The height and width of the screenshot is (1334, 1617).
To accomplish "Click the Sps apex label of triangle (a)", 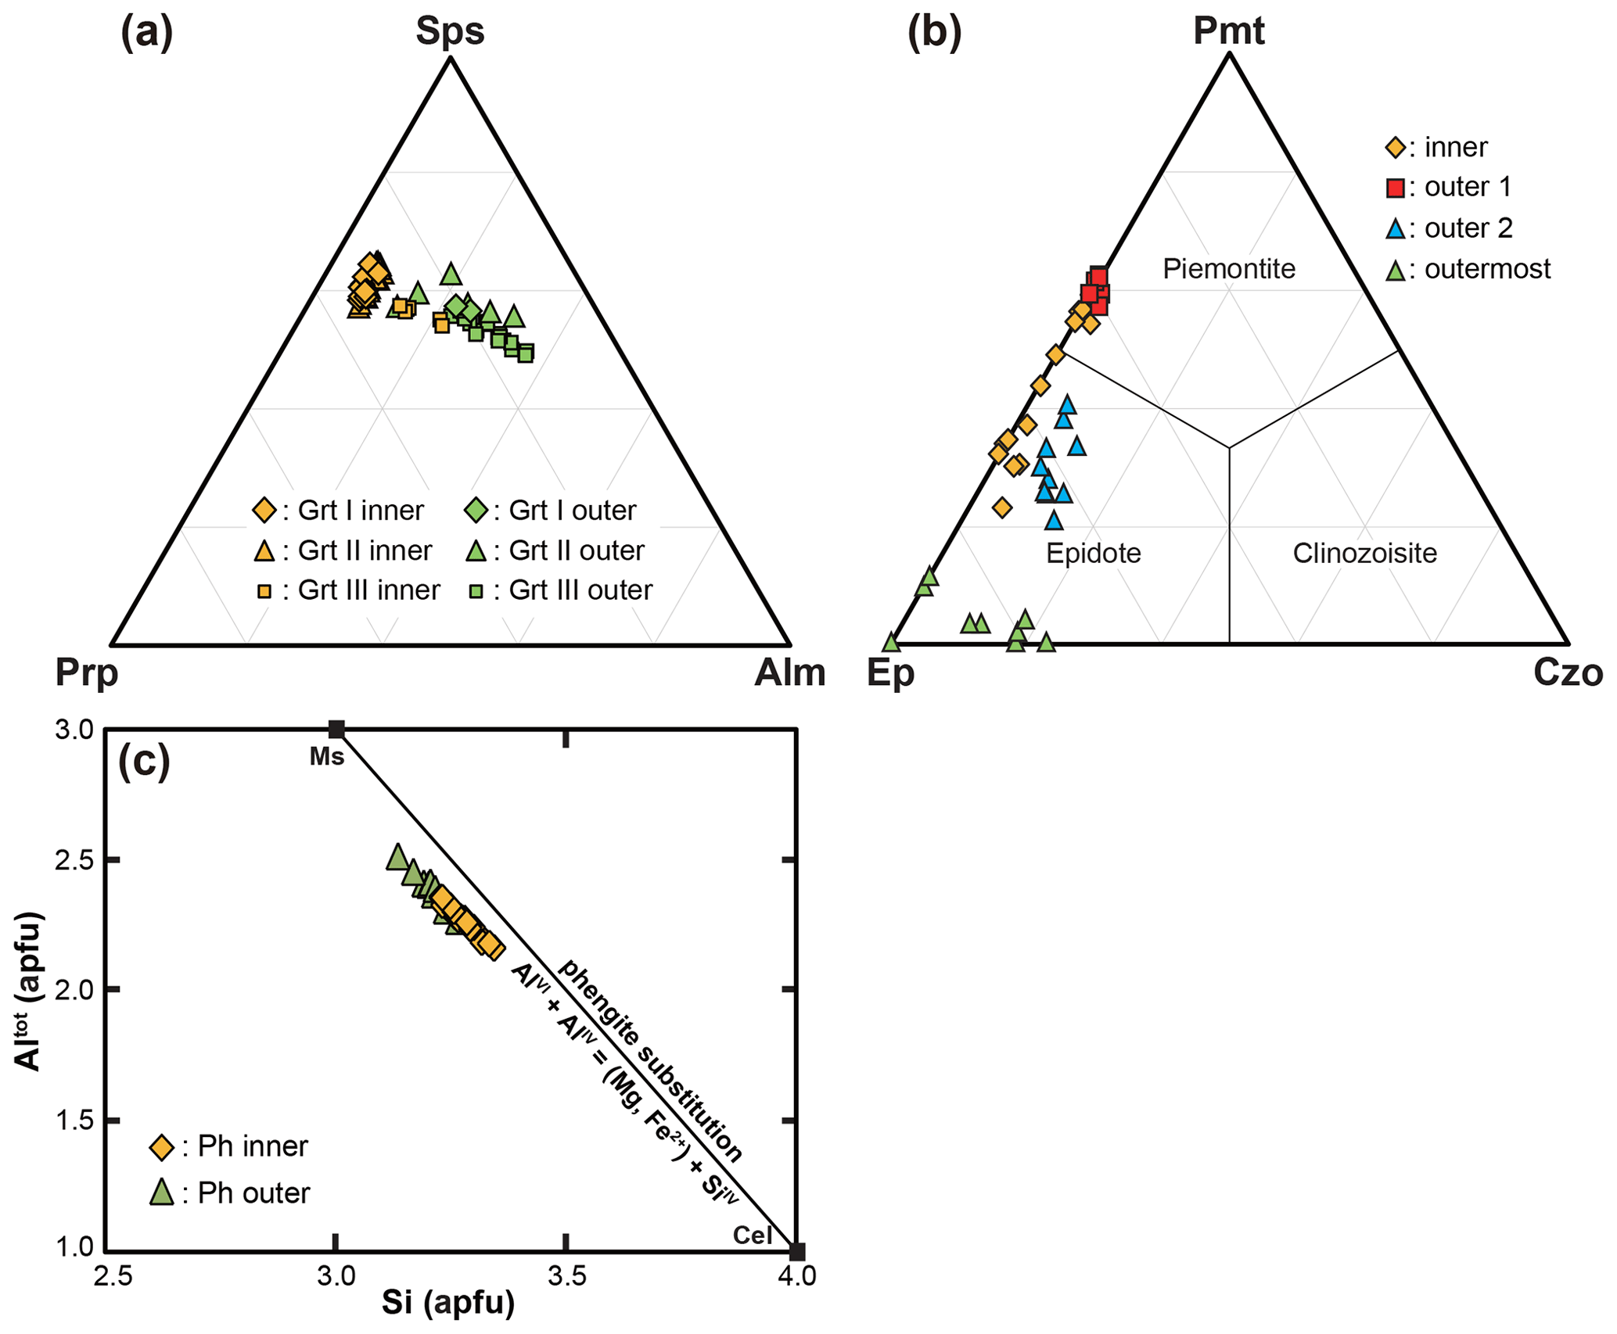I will pyautogui.click(x=450, y=32).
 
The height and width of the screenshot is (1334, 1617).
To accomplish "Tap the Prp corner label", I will pyautogui.click(x=86, y=673).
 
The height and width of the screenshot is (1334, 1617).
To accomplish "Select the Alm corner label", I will pyautogui.click(x=789, y=673).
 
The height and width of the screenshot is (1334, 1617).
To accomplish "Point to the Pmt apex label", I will pyautogui.click(x=1228, y=31).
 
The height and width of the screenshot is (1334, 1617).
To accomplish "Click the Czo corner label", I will pyautogui.click(x=1568, y=673).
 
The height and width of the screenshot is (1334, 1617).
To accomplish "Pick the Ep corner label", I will pyautogui.click(x=890, y=673).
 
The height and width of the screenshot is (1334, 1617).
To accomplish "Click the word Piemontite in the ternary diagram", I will pyautogui.click(x=1228, y=269).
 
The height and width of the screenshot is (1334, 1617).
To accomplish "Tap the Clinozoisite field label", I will pyautogui.click(x=1364, y=554).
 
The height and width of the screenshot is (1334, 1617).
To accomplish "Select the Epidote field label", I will pyautogui.click(x=1093, y=554).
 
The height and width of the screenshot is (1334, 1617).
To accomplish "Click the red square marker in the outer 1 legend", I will pyautogui.click(x=1395, y=188).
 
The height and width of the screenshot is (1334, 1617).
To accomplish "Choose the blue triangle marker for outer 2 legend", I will pyautogui.click(x=1395, y=228).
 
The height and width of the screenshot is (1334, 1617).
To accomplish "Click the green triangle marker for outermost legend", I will pyautogui.click(x=1395, y=270).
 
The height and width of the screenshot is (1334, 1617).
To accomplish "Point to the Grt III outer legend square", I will pyautogui.click(x=475, y=591).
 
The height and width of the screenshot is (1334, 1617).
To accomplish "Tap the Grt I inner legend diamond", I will pyautogui.click(x=264, y=511).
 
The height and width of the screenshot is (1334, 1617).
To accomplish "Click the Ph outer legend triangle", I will pyautogui.click(x=162, y=1192).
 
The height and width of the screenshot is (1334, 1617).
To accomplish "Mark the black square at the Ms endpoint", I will pyautogui.click(x=336, y=730).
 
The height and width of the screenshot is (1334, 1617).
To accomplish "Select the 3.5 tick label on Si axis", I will pyautogui.click(x=566, y=1277).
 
